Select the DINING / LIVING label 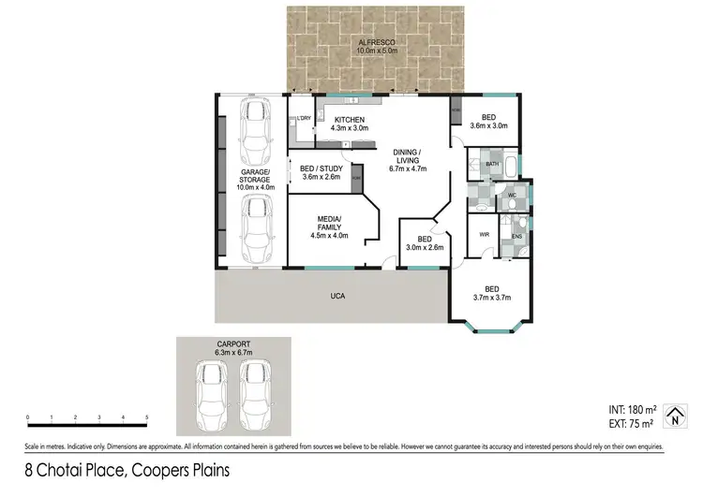407,160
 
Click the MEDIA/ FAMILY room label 329,227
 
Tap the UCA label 337,296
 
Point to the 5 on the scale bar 146,417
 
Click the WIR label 484,235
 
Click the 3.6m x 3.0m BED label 487,121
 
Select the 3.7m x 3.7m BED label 491,293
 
